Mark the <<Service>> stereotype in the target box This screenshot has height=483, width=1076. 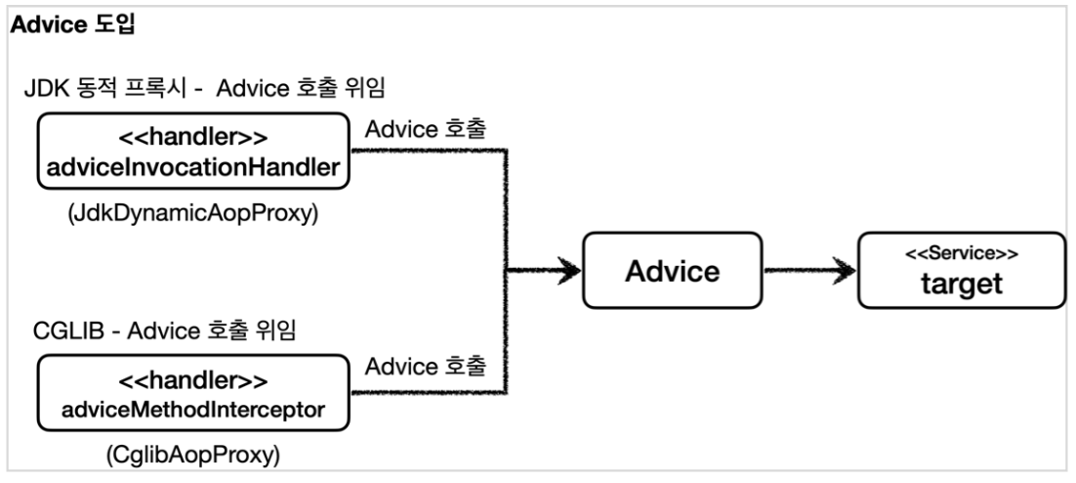pos(961,252)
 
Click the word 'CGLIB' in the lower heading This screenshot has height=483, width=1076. pos(55,331)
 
